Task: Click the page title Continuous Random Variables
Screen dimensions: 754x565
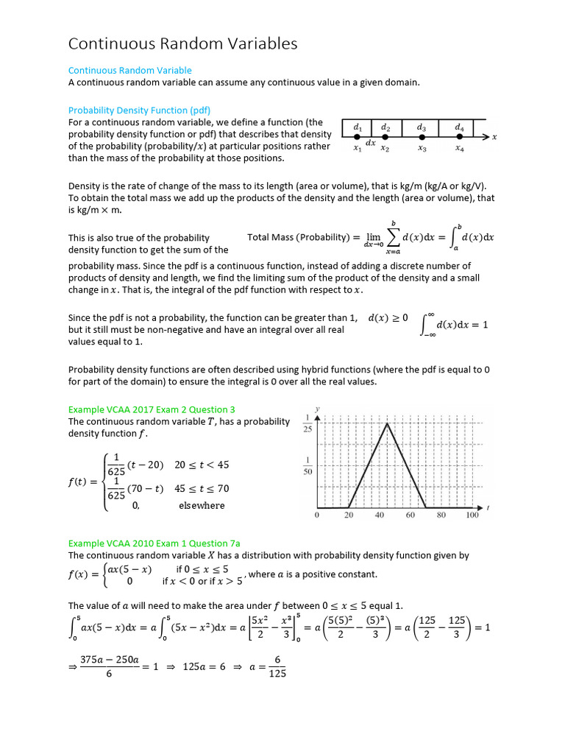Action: coord(182,44)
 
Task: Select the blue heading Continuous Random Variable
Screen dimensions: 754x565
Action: coord(129,71)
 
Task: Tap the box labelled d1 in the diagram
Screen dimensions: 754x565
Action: coord(357,128)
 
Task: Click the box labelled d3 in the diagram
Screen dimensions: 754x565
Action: coord(422,128)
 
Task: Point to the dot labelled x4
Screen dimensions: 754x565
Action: coord(460,138)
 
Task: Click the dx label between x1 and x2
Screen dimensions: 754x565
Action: coord(372,143)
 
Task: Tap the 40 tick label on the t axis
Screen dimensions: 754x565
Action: coord(380,516)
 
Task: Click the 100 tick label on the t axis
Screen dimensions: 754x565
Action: coord(472,516)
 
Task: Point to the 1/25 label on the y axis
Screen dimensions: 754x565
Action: coord(308,423)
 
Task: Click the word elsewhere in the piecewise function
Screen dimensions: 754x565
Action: coord(202,505)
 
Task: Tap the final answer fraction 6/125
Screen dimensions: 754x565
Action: coord(278,666)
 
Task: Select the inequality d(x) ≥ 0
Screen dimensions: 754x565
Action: coord(388,318)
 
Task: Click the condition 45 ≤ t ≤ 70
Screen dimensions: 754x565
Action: coord(202,488)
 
